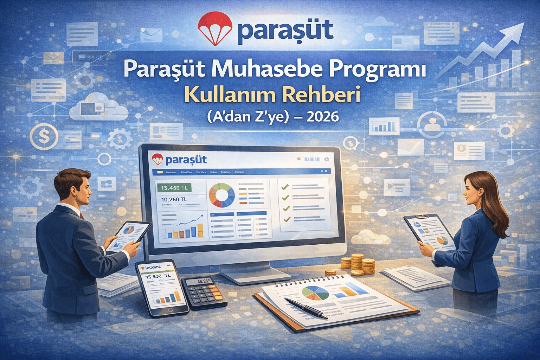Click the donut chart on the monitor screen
pos(221,195)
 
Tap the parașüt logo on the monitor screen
pos(179,160)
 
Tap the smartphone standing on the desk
pos(162,287)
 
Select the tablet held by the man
pos(128,234)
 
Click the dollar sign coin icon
pos(44,136)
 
